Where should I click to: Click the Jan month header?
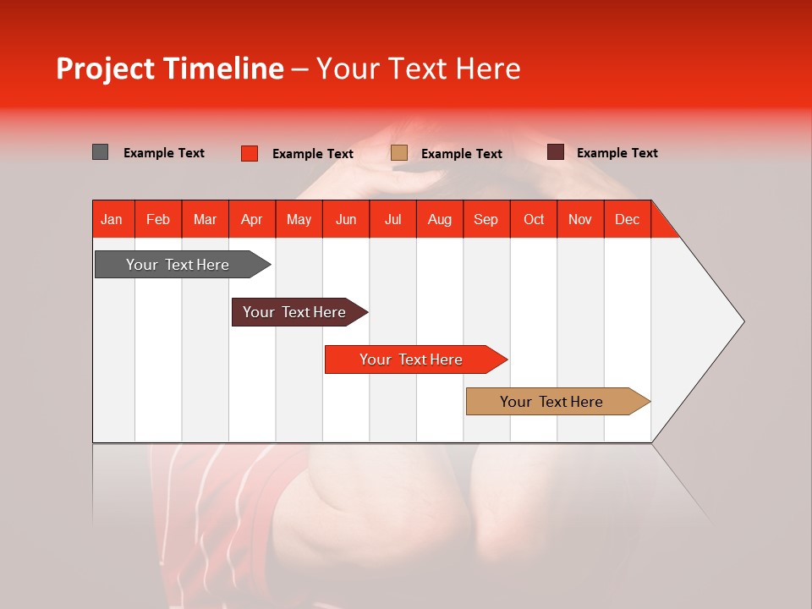[112, 219]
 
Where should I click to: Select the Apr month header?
[251, 219]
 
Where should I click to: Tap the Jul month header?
[392, 219]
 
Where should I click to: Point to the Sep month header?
[486, 219]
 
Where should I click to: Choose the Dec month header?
[627, 219]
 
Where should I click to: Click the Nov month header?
[579, 219]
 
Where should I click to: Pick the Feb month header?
[158, 219]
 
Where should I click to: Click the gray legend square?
[100, 152]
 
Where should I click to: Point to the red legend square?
[249, 153]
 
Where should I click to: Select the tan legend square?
[399, 153]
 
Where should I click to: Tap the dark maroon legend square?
[555, 152]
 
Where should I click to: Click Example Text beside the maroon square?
[617, 153]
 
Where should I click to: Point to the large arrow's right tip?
[742, 321]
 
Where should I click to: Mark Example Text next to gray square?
[163, 153]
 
